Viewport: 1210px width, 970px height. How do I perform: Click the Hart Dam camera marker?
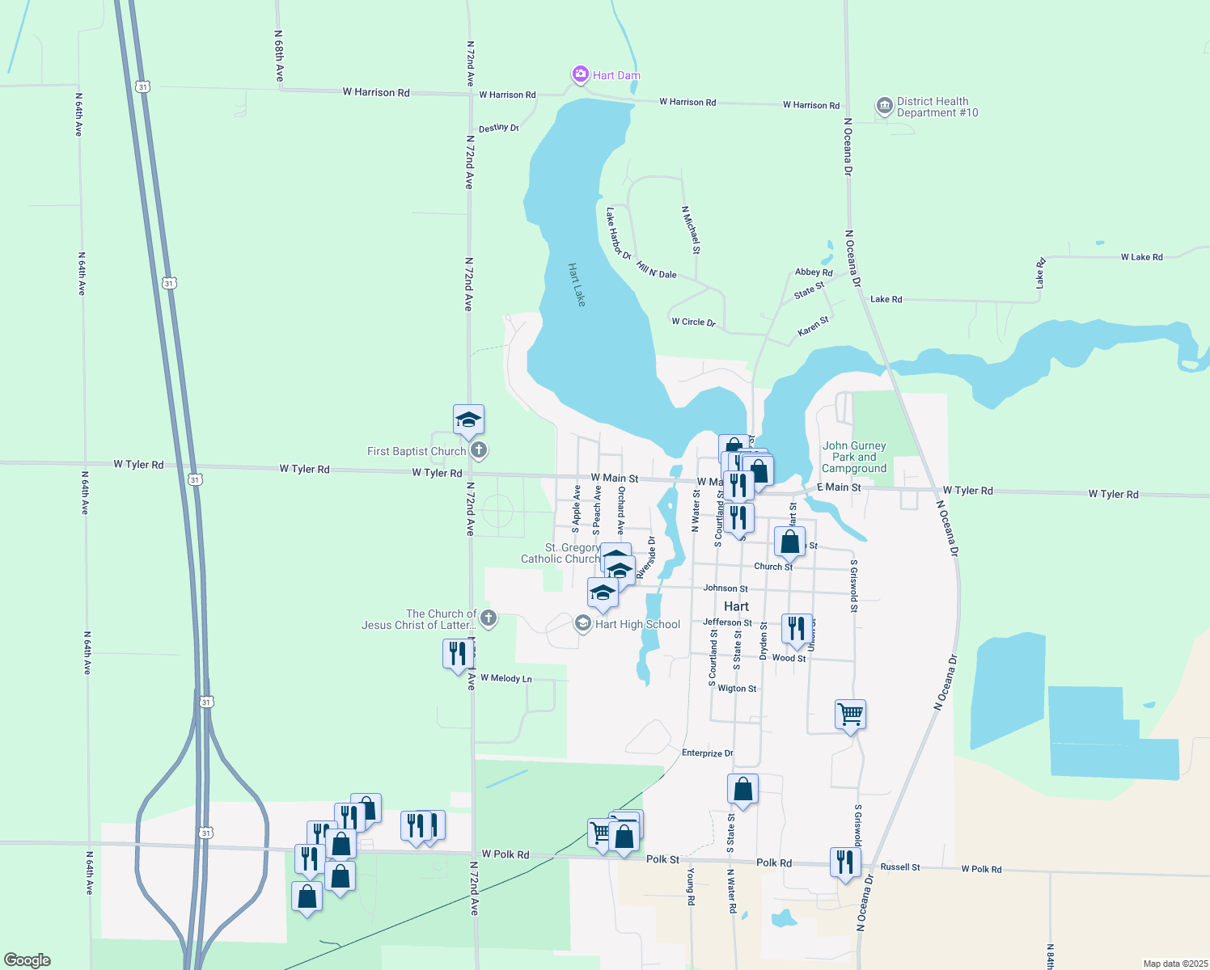(580, 75)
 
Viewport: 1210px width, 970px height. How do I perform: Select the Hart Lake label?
(577, 285)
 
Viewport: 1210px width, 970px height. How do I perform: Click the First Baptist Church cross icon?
(479, 450)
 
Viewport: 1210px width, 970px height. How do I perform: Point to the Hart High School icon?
(582, 624)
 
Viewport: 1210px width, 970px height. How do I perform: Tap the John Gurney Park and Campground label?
(854, 457)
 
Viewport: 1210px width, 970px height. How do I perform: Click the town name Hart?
(736, 606)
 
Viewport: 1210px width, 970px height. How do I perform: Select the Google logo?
(27, 960)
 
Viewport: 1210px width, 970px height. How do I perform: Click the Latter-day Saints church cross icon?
(488, 619)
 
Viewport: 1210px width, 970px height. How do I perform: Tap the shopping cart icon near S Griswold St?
(850, 715)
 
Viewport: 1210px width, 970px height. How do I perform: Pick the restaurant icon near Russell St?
(845, 862)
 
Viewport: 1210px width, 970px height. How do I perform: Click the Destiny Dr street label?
(498, 129)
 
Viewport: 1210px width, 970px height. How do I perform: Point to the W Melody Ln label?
(506, 678)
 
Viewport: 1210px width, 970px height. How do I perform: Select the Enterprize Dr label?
(707, 753)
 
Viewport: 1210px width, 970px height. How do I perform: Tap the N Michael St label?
(691, 229)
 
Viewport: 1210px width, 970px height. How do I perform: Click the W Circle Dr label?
(693, 322)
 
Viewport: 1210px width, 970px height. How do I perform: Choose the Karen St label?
(813, 327)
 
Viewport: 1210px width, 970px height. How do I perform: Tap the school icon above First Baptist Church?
(468, 420)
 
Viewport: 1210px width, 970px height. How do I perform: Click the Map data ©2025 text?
(1175, 964)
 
